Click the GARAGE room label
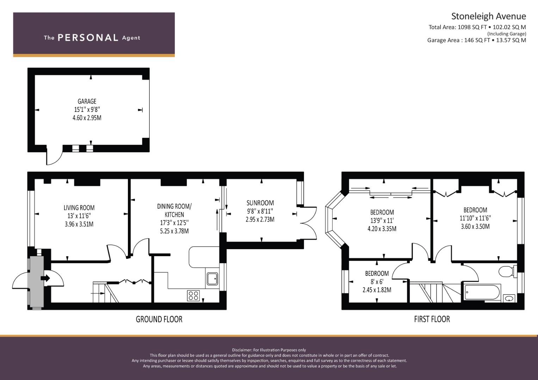87,101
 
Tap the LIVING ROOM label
79,208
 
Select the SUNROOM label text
260,203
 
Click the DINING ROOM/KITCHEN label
174,210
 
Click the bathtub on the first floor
483,292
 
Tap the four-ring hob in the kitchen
193,296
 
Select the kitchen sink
212,279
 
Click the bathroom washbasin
509,298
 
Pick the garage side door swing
54,156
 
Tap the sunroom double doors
309,223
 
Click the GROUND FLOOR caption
159,319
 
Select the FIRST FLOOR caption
432,319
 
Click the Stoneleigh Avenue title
489,16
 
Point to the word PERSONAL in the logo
88,38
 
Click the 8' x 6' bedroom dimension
377,281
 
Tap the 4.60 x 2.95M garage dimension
87,118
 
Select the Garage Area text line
476,40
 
